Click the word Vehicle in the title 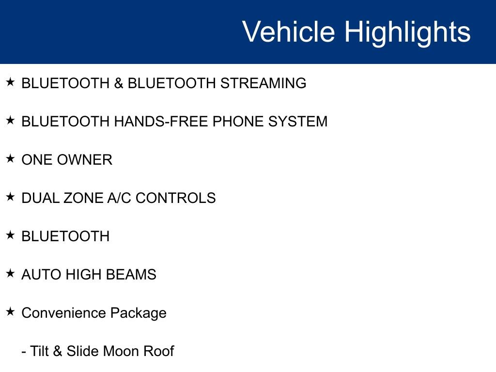click(288, 31)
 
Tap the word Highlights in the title click(407, 33)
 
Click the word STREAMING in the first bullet click(263, 83)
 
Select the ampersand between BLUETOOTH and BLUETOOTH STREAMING click(118, 83)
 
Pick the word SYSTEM click(298, 122)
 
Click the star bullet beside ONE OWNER click(10, 158)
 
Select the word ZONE click(83, 198)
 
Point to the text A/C click(119, 198)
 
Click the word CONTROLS click(175, 198)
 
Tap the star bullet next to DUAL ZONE click(10, 197)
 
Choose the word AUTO click(41, 275)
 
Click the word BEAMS click(131, 275)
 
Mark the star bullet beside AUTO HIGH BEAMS click(10, 273)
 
